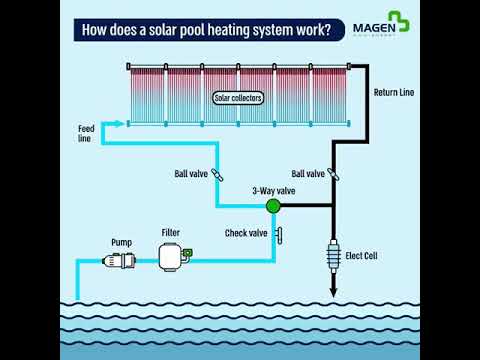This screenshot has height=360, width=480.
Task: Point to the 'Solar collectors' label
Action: click(x=239, y=98)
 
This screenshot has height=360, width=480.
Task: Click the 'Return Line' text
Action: click(x=393, y=93)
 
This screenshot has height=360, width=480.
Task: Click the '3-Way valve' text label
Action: click(x=272, y=189)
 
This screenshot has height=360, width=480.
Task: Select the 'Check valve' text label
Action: click(x=246, y=234)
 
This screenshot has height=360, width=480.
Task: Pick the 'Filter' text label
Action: click(x=171, y=233)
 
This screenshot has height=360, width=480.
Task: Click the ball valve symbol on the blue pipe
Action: click(x=218, y=174)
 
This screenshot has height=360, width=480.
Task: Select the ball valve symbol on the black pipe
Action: click(x=333, y=174)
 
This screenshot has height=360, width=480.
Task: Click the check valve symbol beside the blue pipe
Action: click(x=281, y=235)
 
